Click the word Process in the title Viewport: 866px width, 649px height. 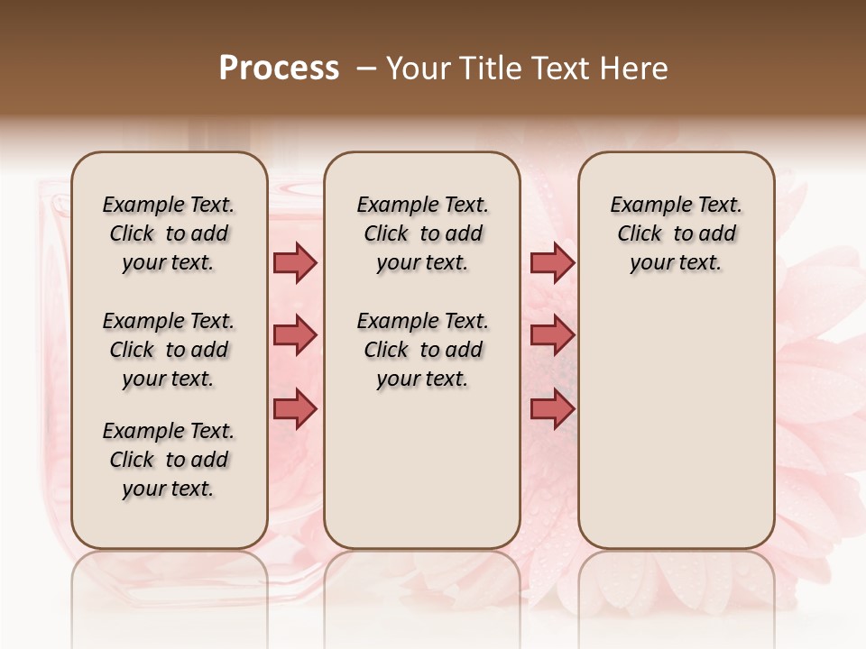coord(279,69)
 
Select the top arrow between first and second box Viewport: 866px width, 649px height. coord(295,262)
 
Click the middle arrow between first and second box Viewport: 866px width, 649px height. coord(295,335)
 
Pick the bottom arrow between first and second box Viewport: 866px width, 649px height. coord(295,408)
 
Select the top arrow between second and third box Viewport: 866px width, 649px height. coord(552,262)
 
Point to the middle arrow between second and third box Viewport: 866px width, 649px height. coord(552,335)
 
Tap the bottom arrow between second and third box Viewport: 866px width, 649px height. coord(552,408)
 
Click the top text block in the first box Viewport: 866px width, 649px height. coord(169,233)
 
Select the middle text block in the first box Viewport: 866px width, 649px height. coord(169,350)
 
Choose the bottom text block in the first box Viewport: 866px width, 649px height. coord(169,460)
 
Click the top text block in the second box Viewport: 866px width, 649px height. coord(422,233)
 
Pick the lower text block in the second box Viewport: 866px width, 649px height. coord(422,350)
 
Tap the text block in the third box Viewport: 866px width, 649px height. coord(676,233)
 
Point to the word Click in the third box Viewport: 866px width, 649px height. coord(640,234)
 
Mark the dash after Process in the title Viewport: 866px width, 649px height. coord(366,69)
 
